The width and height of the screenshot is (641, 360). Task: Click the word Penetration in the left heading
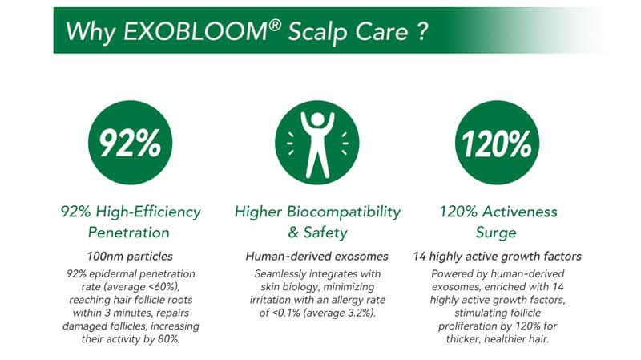[131, 233]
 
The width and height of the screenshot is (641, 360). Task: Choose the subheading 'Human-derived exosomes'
[316, 257]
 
